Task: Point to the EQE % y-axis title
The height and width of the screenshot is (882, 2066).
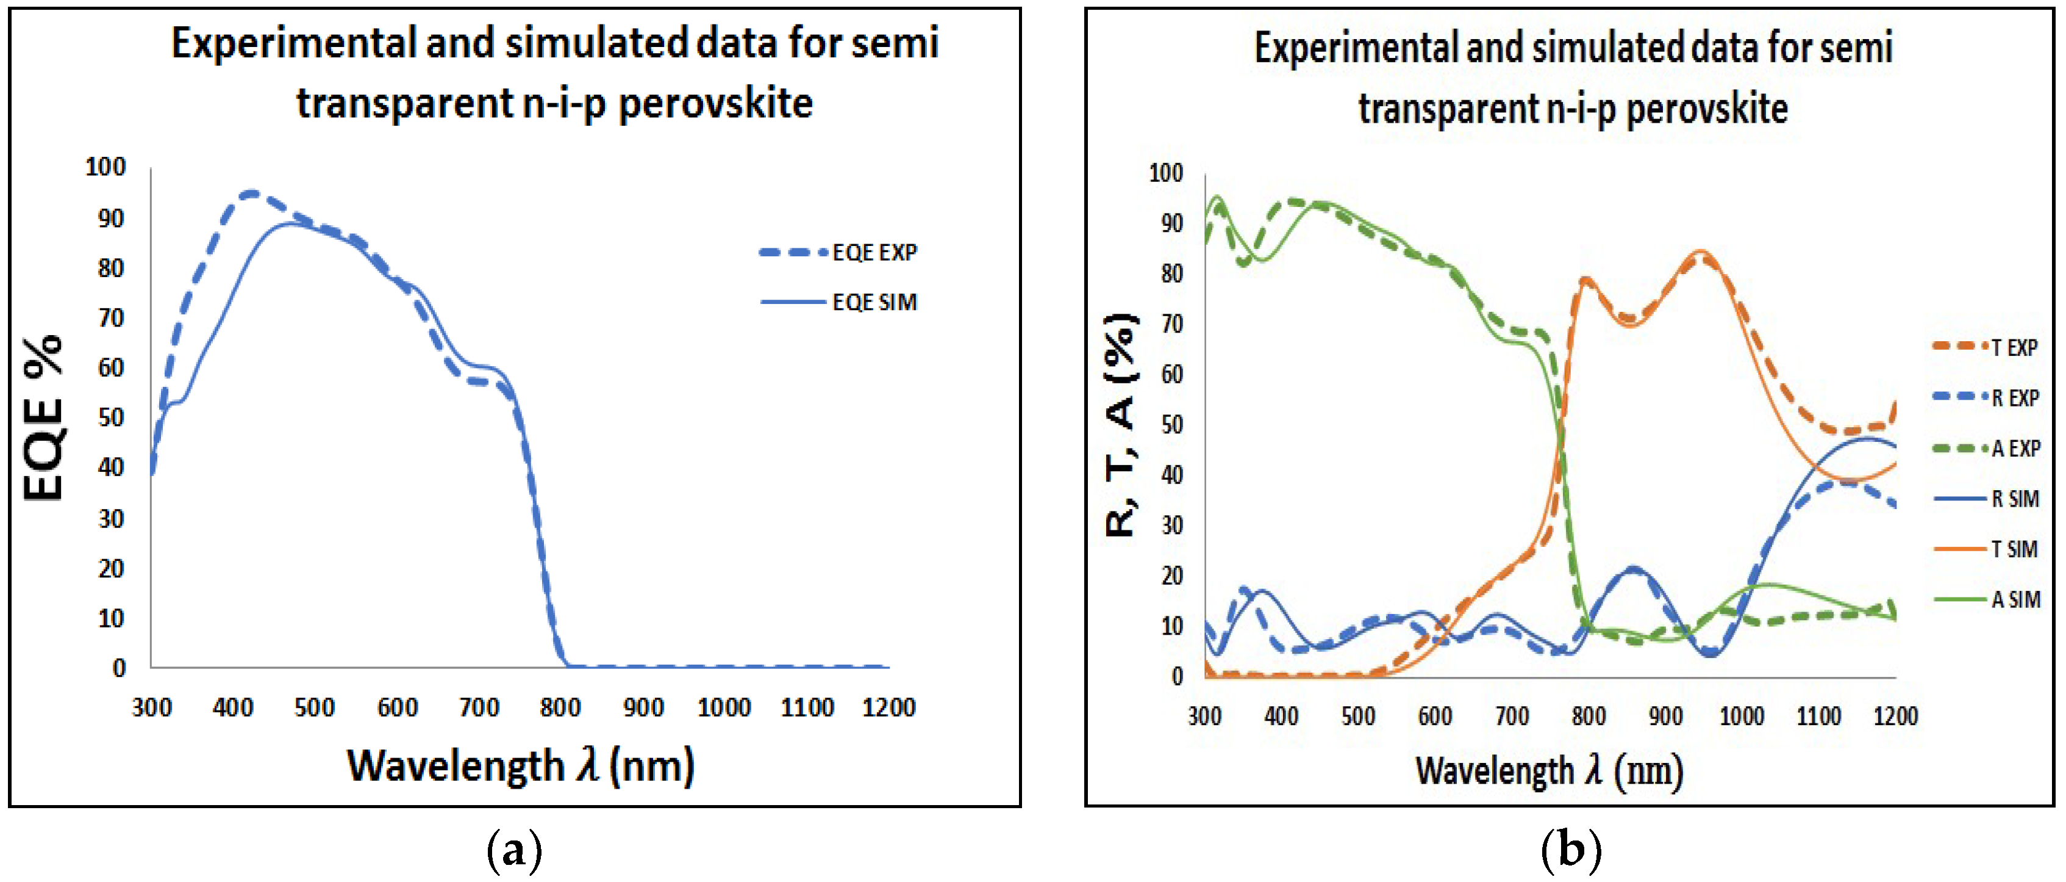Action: [x=43, y=418]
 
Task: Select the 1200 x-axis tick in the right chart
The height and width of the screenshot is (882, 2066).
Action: [x=1895, y=716]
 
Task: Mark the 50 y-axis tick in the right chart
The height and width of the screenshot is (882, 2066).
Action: [x=1172, y=425]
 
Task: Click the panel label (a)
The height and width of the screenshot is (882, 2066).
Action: [x=514, y=851]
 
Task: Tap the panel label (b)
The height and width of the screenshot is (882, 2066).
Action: [x=1570, y=851]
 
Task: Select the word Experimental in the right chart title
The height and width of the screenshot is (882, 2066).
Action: [x=1354, y=48]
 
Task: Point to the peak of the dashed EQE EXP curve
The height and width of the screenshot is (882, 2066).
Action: [x=252, y=193]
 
